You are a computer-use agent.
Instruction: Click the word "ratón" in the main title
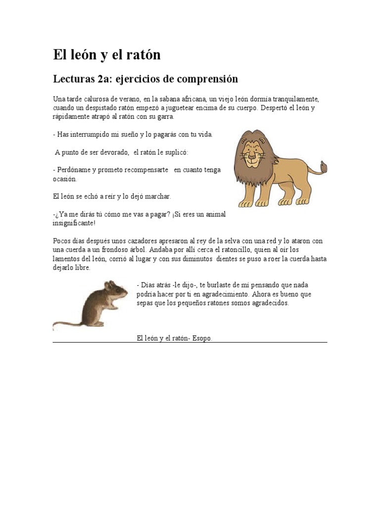point(143,55)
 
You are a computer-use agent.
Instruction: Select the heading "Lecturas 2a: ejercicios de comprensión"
point(145,79)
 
